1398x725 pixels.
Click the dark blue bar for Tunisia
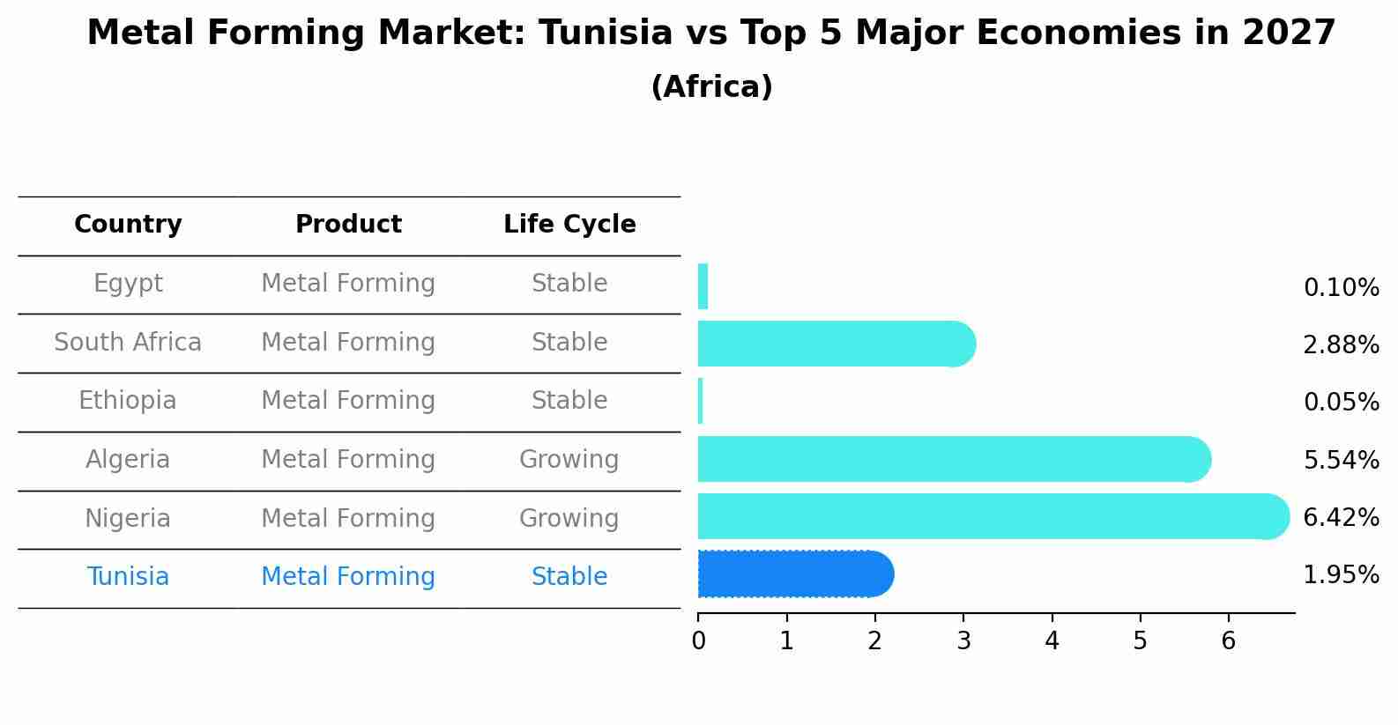coord(793,574)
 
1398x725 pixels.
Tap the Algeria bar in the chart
coord(952,459)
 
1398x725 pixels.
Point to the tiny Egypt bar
coord(703,286)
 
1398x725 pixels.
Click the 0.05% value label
coord(1341,403)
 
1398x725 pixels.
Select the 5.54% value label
coord(1341,460)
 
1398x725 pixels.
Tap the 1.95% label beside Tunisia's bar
coord(1341,575)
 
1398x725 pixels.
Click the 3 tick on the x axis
coord(963,641)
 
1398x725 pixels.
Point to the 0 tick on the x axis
coord(698,641)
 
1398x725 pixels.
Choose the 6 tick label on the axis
coord(1228,641)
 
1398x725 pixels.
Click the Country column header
coord(128,225)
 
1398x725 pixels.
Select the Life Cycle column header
coord(569,225)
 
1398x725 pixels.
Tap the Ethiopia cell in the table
coord(128,401)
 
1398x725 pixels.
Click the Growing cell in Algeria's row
coord(569,460)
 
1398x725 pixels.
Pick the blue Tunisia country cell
coord(128,577)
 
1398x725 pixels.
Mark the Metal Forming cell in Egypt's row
coord(348,284)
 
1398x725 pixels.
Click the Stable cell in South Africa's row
coord(569,343)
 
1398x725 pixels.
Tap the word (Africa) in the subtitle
coord(711,87)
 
